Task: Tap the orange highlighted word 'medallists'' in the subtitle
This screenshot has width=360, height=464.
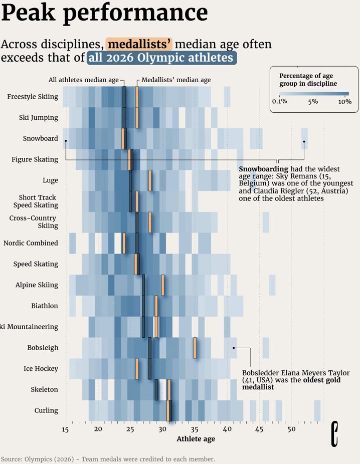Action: pos(139,44)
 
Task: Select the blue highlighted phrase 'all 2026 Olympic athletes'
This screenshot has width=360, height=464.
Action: pos(161,58)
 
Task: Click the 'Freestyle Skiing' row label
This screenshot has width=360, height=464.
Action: pos(33,97)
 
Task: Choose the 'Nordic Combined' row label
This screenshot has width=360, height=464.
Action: pos(31,243)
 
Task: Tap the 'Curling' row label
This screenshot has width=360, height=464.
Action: pos(46,410)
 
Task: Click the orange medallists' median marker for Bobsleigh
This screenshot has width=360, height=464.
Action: pos(195,348)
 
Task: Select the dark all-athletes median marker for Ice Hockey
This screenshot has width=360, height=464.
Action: pos(149,369)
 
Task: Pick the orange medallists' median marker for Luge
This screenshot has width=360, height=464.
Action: pos(149,180)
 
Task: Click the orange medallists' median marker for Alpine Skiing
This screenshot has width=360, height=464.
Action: pos(162,285)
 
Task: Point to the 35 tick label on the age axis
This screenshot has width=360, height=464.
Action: pos(195,429)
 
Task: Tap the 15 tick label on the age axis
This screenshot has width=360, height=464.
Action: pos(66,429)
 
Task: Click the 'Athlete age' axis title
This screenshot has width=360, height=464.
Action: pos(196,439)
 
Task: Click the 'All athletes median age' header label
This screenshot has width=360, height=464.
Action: pos(83,80)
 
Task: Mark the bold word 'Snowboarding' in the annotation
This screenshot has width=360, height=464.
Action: pos(263,169)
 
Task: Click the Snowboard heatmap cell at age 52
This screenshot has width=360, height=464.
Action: pos(304,139)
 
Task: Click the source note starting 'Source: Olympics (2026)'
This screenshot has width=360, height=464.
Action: pos(108,459)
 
